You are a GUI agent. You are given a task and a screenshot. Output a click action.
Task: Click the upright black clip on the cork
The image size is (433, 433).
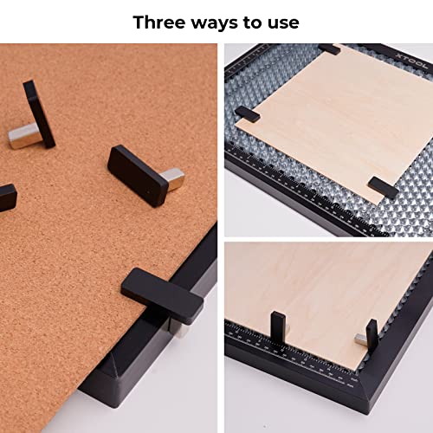tap(40, 112)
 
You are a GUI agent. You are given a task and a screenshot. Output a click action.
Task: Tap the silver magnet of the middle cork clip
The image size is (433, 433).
tap(174, 179)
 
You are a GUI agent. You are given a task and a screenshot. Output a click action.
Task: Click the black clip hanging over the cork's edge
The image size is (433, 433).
tap(164, 295)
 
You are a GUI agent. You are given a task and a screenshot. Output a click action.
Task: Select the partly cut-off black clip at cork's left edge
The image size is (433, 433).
tap(7, 197)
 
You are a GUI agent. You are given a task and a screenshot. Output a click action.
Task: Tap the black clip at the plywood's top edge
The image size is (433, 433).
tap(329, 49)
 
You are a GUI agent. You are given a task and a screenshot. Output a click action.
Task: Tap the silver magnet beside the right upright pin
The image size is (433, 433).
tap(359, 339)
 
